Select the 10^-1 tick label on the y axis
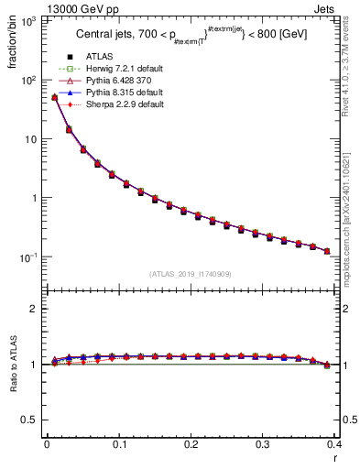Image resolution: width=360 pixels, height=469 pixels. pos(27,256)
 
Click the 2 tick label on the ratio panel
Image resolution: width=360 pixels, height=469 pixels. pos(34,310)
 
